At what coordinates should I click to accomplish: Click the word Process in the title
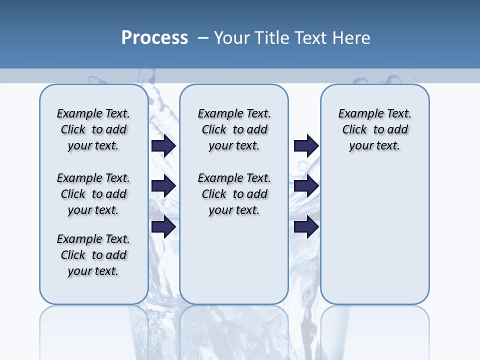(154, 37)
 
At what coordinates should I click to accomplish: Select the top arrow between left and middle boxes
(163, 146)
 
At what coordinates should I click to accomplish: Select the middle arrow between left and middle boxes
(163, 186)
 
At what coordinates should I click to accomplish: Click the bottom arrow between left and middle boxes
(163, 226)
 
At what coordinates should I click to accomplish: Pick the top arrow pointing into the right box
(306, 146)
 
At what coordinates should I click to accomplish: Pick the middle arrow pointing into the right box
(306, 186)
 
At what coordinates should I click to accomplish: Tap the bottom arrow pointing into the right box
(306, 226)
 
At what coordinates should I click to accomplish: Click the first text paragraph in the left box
(93, 129)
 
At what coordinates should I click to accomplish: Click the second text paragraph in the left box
(93, 194)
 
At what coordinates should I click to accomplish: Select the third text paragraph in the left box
(93, 255)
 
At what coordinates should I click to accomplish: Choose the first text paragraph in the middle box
(234, 129)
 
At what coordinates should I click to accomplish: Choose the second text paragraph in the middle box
(234, 194)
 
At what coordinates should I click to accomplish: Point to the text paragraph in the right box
(374, 129)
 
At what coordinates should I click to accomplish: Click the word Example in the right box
(356, 114)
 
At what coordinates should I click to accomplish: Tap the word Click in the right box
(354, 130)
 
